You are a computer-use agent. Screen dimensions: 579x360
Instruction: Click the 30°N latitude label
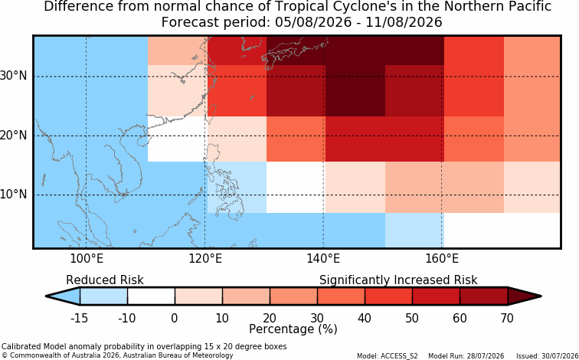[13, 76]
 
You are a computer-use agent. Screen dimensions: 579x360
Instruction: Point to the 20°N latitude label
[13, 135]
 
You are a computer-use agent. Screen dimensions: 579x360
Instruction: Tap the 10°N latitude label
[13, 195]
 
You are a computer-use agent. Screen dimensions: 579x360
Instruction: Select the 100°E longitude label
[87, 259]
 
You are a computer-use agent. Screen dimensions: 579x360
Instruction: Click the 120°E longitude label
[205, 259]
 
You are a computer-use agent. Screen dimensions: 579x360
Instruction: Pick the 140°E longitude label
[323, 259]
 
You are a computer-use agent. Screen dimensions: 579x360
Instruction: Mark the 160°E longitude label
[442, 259]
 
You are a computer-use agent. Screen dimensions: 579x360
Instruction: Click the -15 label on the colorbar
[79, 318]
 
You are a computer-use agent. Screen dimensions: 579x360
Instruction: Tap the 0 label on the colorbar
[175, 318]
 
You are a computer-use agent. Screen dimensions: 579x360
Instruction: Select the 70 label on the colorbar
[507, 318]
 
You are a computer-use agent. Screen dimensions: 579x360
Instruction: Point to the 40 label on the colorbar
[365, 318]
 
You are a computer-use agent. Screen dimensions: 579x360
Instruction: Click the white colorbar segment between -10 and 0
[151, 296]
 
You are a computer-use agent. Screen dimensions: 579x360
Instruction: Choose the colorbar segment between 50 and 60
[436, 296]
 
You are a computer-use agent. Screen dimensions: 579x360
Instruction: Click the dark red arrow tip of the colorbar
[541, 296]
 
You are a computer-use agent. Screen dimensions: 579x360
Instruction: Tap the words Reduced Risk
[105, 280]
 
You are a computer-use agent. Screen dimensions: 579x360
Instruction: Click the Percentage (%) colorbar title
[293, 329]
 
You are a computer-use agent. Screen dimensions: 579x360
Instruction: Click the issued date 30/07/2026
[558, 356]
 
